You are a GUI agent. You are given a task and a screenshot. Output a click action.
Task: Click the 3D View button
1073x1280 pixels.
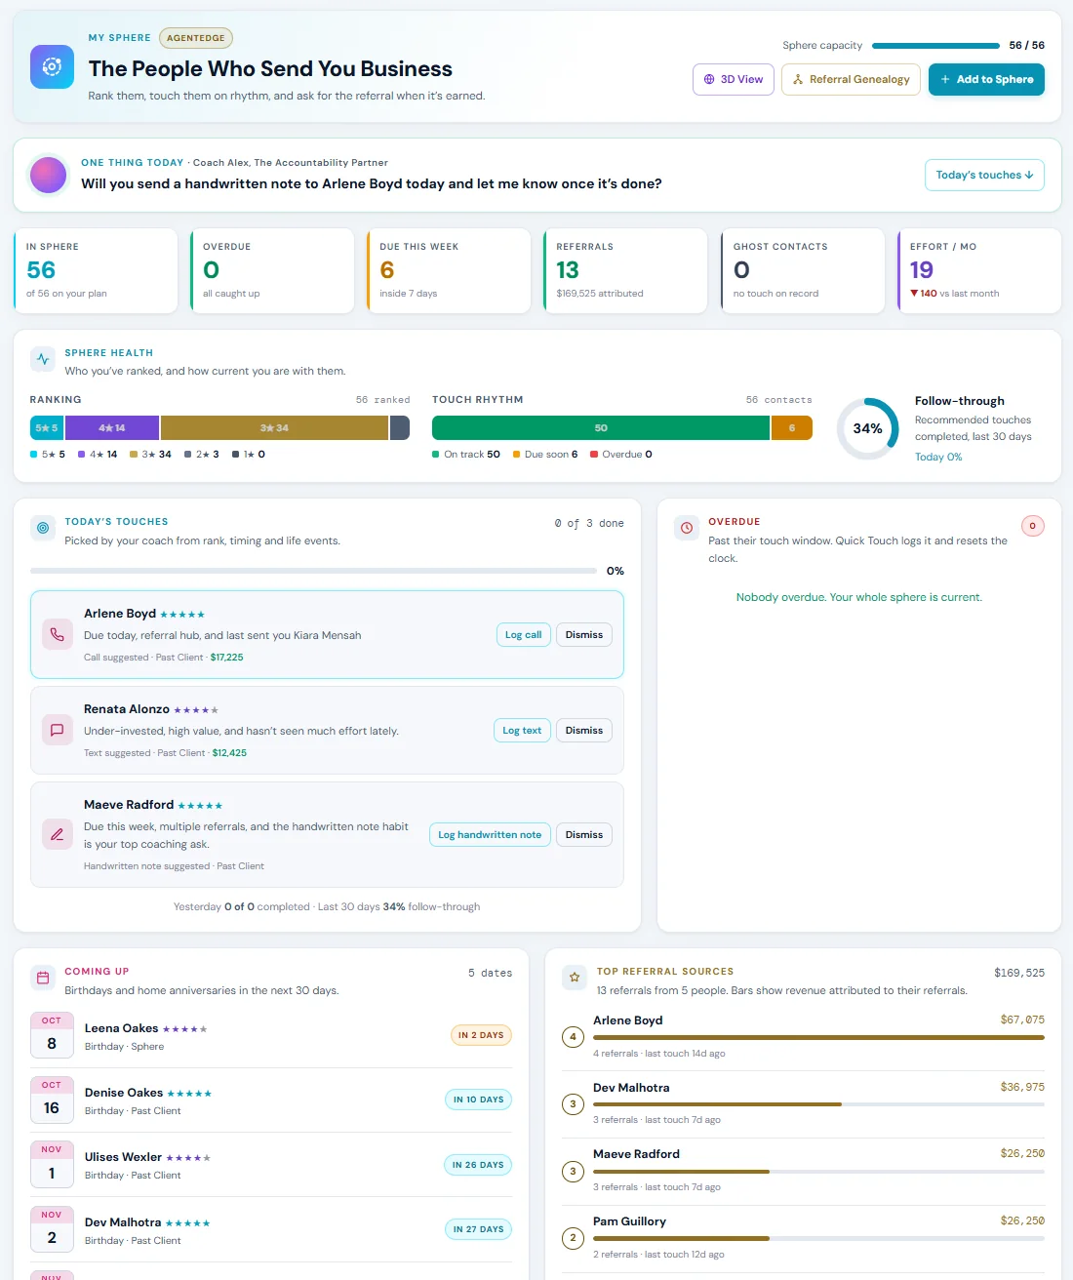click(733, 79)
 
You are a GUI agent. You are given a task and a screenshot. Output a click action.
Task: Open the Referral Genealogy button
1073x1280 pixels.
click(851, 79)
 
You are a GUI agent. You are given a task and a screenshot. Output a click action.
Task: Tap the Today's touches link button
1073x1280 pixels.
click(984, 175)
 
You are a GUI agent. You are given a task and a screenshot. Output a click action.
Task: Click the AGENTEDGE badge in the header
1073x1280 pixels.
click(196, 38)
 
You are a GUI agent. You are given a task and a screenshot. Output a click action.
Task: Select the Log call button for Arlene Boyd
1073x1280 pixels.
click(523, 634)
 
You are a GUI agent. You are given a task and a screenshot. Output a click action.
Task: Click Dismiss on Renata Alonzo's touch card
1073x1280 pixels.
click(583, 730)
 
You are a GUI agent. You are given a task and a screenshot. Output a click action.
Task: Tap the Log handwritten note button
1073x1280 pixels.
click(490, 834)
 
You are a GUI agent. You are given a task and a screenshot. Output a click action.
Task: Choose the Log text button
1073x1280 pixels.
click(522, 730)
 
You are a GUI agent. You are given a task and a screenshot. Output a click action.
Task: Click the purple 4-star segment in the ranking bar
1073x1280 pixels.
click(111, 428)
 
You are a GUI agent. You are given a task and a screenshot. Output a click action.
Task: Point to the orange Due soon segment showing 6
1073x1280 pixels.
click(791, 428)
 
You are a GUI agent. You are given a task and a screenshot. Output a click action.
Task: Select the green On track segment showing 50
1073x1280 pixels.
click(600, 428)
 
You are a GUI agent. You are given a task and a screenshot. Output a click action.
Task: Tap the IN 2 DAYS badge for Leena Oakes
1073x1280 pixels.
click(481, 1035)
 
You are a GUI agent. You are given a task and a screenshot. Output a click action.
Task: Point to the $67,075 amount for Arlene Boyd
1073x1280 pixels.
click(1022, 1020)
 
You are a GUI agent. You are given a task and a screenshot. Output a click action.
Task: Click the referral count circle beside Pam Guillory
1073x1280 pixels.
click(573, 1238)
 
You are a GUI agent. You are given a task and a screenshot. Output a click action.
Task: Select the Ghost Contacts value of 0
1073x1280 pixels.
click(741, 269)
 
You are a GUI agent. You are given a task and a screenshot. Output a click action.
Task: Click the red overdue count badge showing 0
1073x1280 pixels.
click(1033, 526)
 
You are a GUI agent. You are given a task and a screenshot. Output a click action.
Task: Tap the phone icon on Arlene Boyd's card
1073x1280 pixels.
click(57, 634)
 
